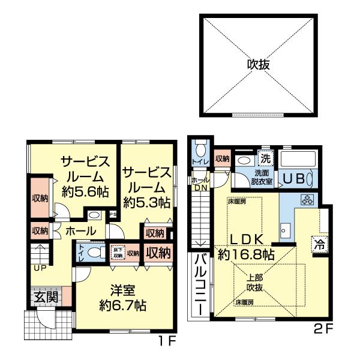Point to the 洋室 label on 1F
(123, 291)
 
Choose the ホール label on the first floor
(79, 230)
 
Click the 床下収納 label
(118, 253)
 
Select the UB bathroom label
(295, 178)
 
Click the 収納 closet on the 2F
(222, 159)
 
